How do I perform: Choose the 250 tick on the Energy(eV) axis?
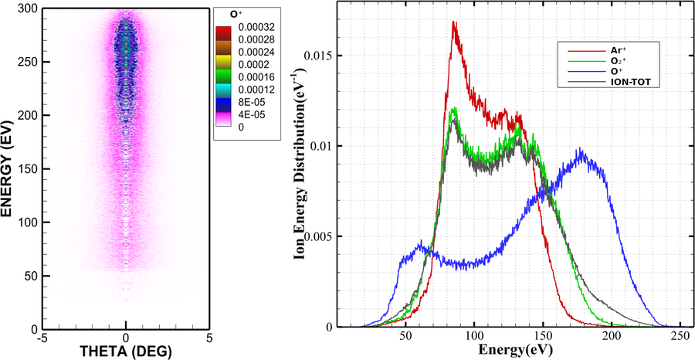point(680,338)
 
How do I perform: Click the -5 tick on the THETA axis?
point(44,338)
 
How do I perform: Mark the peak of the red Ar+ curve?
point(454,22)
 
